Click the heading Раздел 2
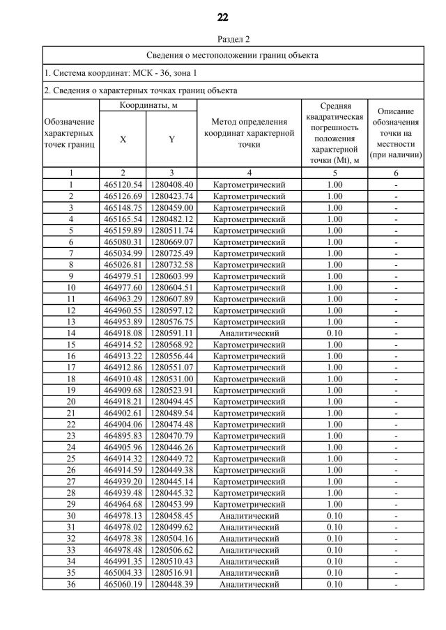coord(223,39)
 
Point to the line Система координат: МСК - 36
coord(120,72)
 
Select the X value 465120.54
coord(123,184)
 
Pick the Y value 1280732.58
coord(171,265)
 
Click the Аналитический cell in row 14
coord(249,333)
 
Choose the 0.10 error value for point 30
coord(334,516)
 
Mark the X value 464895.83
coord(123,436)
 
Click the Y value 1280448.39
coord(171,584)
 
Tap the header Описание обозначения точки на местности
coord(395,133)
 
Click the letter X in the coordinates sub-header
coord(123,139)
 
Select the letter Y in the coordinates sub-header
coord(171,139)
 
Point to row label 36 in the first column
coord(70,584)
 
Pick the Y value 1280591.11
coord(171,333)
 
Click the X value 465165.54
coord(123,219)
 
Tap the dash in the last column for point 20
coord(395,402)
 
